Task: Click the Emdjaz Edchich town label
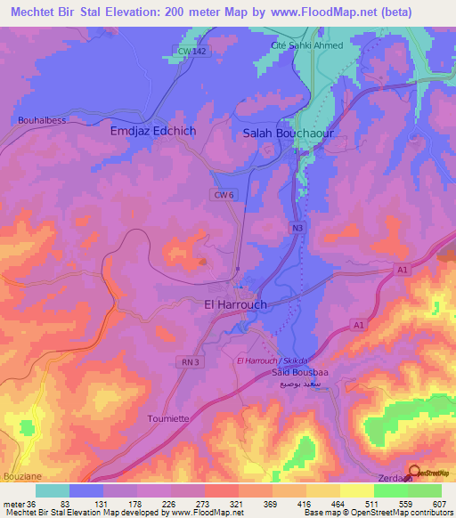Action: pyautogui.click(x=152, y=131)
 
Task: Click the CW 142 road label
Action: pyautogui.click(x=191, y=52)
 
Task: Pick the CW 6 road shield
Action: pyautogui.click(x=224, y=194)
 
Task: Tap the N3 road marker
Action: pyautogui.click(x=297, y=229)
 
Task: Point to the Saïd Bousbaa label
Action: pyautogui.click(x=298, y=373)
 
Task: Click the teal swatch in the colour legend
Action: pyautogui.click(x=53, y=490)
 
